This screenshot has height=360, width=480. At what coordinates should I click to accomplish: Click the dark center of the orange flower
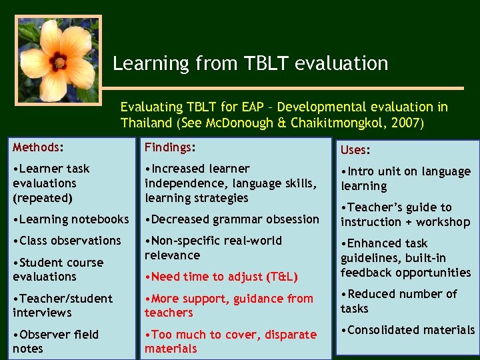click(x=59, y=63)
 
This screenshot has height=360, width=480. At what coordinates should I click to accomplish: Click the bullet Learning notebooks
click(x=71, y=219)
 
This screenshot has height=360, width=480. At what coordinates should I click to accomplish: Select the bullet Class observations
click(x=67, y=241)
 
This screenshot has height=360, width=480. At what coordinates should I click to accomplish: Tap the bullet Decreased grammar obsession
click(x=232, y=219)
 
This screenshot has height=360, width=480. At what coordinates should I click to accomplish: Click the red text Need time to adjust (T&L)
click(x=221, y=277)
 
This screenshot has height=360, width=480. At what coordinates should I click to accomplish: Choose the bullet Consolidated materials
click(x=408, y=330)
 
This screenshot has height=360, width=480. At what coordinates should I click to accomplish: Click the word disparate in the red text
click(x=289, y=335)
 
